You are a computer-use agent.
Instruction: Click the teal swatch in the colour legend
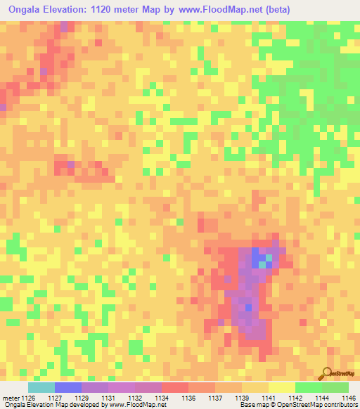click(x=41, y=387)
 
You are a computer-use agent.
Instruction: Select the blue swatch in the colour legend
click(x=67, y=387)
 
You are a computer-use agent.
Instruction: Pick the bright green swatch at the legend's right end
click(x=335, y=387)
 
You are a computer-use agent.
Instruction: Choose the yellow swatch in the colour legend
click(x=281, y=387)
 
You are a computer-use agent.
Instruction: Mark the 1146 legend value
click(x=348, y=398)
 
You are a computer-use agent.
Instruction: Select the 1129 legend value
click(x=82, y=398)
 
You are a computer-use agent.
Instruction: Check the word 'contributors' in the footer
click(x=342, y=405)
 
